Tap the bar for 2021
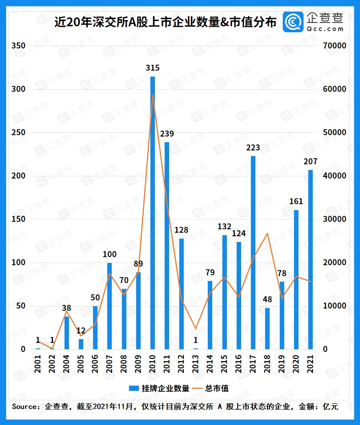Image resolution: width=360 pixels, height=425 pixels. tap(310, 259)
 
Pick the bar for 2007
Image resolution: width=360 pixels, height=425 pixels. tap(109, 306)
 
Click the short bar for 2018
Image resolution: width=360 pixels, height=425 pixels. tap(267, 328)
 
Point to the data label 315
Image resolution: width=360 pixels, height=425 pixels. tap(153, 68)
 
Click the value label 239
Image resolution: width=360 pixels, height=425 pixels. tap(167, 134)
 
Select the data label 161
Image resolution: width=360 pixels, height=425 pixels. tap(296, 201)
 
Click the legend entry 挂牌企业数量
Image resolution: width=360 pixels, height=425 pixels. tap(165, 388)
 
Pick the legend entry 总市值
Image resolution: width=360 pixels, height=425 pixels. tap(217, 388)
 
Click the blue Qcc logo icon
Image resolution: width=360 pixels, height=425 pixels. tap(293, 22)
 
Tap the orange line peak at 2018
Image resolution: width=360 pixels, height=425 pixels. tap(267, 233)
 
